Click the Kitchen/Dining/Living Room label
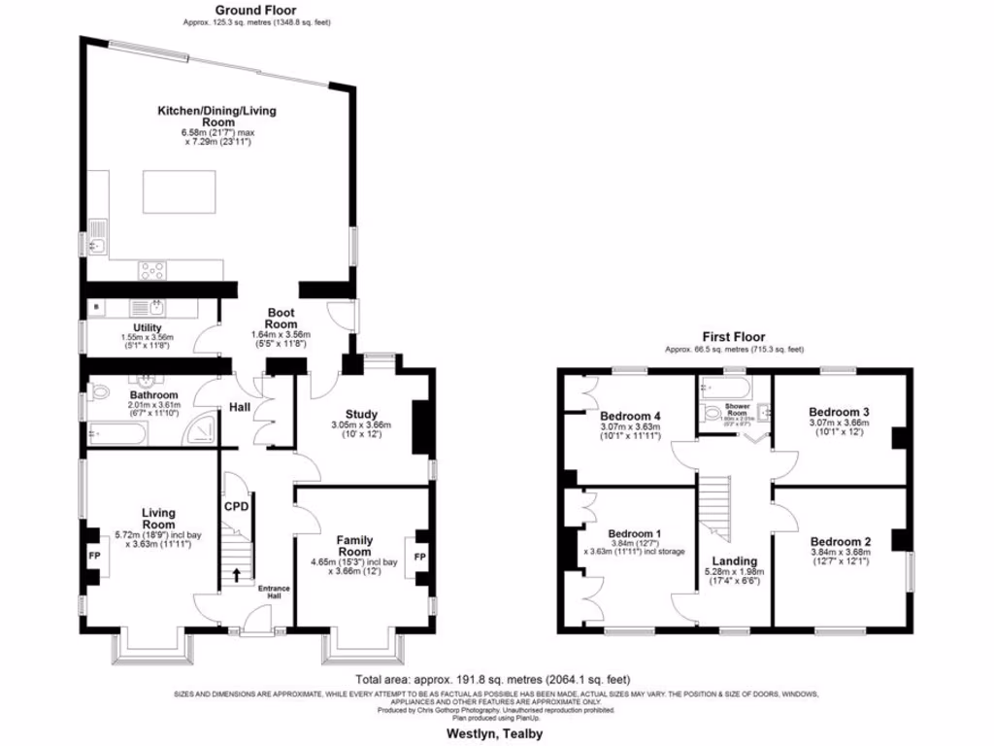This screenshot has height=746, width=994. point(216,117)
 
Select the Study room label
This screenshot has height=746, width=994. point(361,415)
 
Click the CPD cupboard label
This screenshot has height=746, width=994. point(237,506)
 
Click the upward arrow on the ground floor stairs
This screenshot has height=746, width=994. point(237,576)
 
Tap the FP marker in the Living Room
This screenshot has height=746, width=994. point(94,557)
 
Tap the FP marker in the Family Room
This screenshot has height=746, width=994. point(419,557)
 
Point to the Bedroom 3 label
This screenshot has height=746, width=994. point(840,412)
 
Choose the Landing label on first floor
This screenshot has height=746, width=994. point(734,560)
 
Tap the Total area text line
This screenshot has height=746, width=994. point(494,679)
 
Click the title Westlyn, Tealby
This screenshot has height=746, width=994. point(495,733)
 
